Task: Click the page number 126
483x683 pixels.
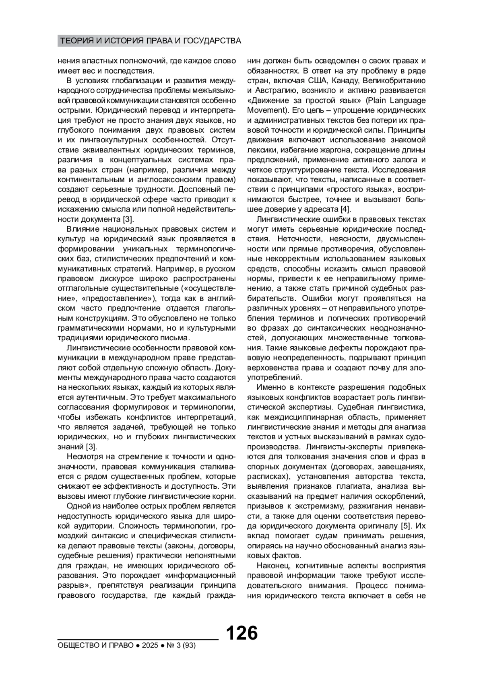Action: [242, 633]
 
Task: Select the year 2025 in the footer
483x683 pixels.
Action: [149, 646]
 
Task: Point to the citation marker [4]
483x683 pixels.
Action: [345, 209]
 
